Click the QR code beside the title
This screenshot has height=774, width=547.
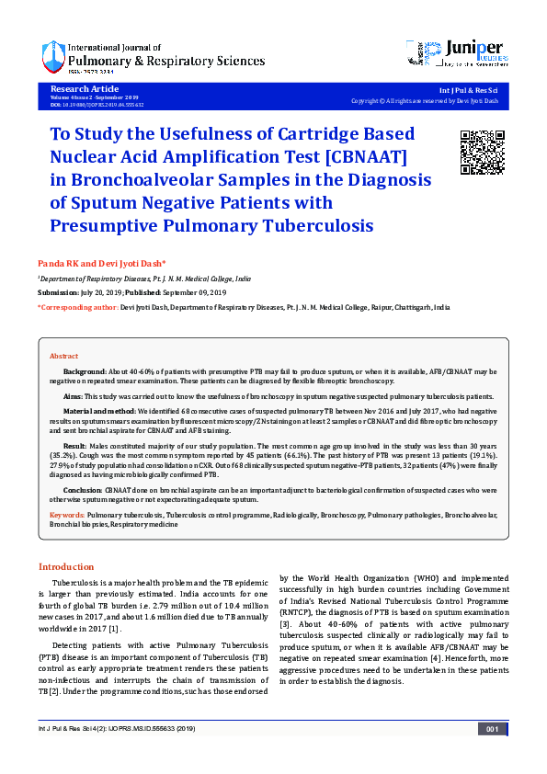[481, 153]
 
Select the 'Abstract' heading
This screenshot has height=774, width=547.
[63, 356]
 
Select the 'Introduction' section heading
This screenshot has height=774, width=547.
[65, 566]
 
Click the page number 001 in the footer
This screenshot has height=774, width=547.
[492, 729]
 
